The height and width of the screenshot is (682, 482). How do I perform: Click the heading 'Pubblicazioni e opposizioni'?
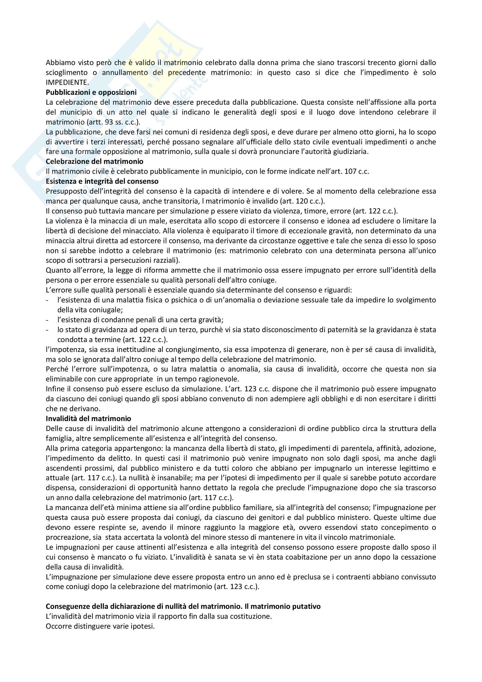point(91,92)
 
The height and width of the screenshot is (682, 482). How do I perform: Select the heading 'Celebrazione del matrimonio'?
point(94,161)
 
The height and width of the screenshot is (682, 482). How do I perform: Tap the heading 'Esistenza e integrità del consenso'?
point(102,181)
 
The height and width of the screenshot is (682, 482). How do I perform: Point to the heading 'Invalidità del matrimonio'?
point(88,418)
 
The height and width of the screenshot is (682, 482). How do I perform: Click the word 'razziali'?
point(166,260)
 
